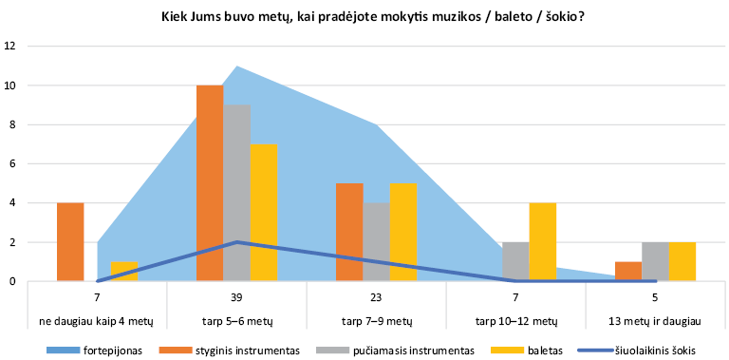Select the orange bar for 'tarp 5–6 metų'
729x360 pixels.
tap(209, 183)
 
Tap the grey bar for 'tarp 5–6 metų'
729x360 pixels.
tap(236, 193)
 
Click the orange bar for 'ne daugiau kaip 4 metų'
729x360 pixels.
tap(70, 242)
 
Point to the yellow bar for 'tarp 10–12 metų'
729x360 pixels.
tap(543, 242)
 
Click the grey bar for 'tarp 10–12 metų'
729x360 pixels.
tap(515, 262)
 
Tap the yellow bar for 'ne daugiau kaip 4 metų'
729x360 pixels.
tap(124, 272)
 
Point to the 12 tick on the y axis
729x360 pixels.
tap(9, 46)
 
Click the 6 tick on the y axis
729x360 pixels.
tap(11, 163)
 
